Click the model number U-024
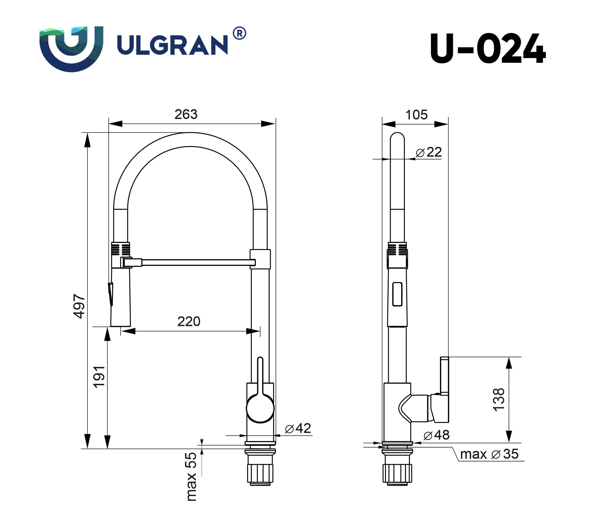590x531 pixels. click(487, 49)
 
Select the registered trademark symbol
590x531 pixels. click(239, 33)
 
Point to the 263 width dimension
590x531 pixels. click(186, 114)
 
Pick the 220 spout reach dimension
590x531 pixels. click(189, 321)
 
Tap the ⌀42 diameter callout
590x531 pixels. click(298, 428)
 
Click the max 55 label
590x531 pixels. click(191, 476)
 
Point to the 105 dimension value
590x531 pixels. click(416, 115)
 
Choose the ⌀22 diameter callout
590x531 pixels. click(429, 152)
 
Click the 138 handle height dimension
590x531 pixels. click(499, 400)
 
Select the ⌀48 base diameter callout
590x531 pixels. click(436, 435)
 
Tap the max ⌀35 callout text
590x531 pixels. click(489, 454)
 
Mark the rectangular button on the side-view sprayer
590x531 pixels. click(397, 294)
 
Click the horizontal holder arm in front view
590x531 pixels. click(196, 262)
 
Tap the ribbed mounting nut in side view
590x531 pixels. click(397, 473)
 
